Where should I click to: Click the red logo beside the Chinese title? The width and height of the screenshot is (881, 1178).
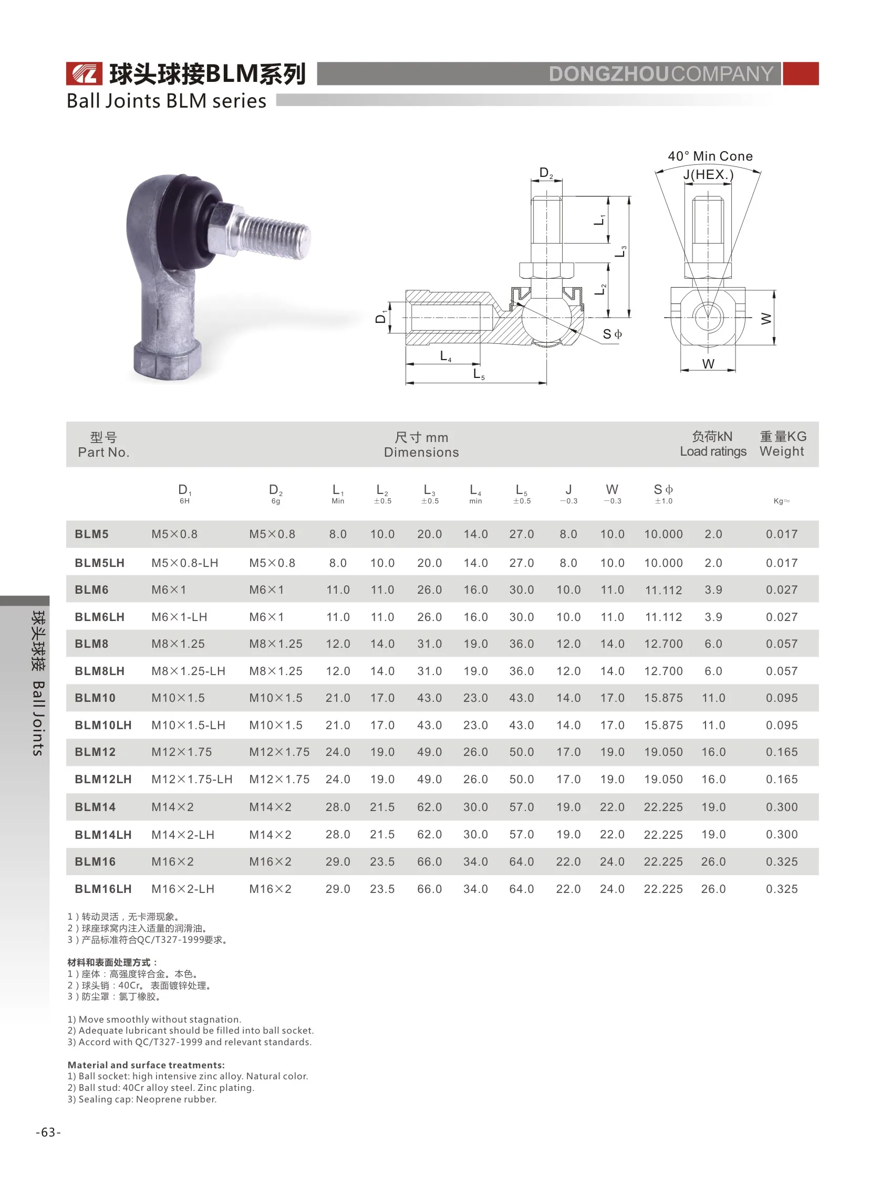point(84,73)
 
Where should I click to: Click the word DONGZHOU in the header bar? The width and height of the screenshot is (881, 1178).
point(608,74)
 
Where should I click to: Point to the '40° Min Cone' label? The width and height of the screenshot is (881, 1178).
point(710,156)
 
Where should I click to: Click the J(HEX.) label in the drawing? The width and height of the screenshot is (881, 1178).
point(708,174)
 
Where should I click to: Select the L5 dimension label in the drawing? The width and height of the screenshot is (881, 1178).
point(478,374)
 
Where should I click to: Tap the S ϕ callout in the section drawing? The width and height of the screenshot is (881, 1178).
point(612,334)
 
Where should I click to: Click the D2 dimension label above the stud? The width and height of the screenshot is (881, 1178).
point(545,173)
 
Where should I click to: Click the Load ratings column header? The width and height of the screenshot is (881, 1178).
point(712,451)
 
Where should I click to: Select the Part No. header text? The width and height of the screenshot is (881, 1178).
point(103,451)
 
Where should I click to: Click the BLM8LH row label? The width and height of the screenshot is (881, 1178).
point(100,671)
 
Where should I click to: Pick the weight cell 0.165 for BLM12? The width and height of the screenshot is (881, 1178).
point(781,752)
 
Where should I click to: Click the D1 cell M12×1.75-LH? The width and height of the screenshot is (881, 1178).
point(192,779)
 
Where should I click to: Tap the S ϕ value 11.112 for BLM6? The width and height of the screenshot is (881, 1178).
point(663,590)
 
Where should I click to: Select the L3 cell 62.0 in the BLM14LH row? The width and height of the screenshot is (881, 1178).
point(429,835)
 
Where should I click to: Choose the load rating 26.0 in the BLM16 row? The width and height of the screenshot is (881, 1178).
point(713,861)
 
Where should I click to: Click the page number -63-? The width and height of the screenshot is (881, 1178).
point(48,1133)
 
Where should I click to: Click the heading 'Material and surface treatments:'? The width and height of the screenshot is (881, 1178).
point(146,1065)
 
